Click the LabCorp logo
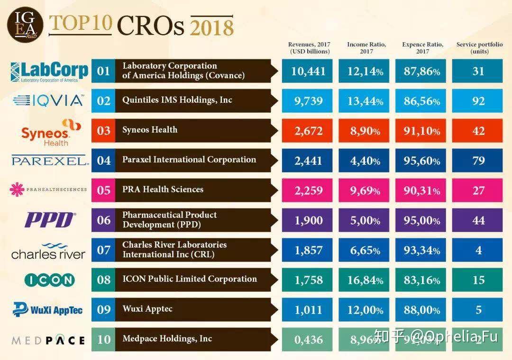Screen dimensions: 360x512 49,72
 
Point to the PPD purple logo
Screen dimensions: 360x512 50,220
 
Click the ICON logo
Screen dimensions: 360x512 49,280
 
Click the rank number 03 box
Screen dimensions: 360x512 103,131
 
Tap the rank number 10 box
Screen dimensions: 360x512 103,340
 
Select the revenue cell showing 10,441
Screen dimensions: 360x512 308,71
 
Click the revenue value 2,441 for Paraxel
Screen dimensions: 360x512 308,161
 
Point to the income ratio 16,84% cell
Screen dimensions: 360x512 365,280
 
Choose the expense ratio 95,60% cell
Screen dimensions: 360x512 421,161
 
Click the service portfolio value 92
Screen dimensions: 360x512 478,101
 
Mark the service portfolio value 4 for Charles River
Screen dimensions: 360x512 478,250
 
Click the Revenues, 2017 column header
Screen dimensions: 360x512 309,48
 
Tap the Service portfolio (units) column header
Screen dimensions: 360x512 479,48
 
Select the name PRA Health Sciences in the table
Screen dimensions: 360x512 163,189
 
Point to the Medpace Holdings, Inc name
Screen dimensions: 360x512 167,339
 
